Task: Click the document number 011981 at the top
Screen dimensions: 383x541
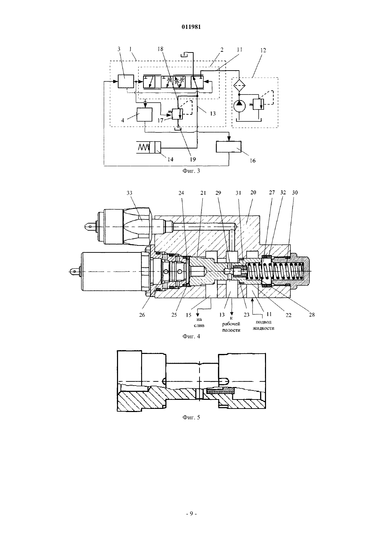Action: pos(191,27)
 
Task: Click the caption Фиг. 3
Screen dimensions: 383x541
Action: pos(191,171)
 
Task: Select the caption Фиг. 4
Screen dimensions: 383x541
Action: pos(191,336)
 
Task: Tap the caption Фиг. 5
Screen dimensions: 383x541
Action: pos(191,417)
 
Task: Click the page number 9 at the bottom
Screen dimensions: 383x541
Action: pos(191,514)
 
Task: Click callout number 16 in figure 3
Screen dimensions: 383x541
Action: pos(252,161)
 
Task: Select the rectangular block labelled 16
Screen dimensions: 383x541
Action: pos(229,147)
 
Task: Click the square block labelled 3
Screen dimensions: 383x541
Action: pos(126,81)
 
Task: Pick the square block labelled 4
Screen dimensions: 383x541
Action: pos(144,114)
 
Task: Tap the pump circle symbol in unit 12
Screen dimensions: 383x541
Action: pos(240,106)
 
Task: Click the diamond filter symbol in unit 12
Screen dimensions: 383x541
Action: pos(240,84)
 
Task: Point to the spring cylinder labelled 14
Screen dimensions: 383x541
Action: pos(148,147)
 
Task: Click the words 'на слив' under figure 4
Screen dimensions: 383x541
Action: pos(199,322)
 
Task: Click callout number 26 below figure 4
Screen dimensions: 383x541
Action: pos(142,315)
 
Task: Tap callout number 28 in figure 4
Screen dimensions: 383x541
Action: pos(312,314)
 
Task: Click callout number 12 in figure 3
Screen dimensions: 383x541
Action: pos(263,50)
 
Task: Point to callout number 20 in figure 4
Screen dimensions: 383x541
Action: pos(253,193)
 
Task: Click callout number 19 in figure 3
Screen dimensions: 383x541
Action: pos(193,159)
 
